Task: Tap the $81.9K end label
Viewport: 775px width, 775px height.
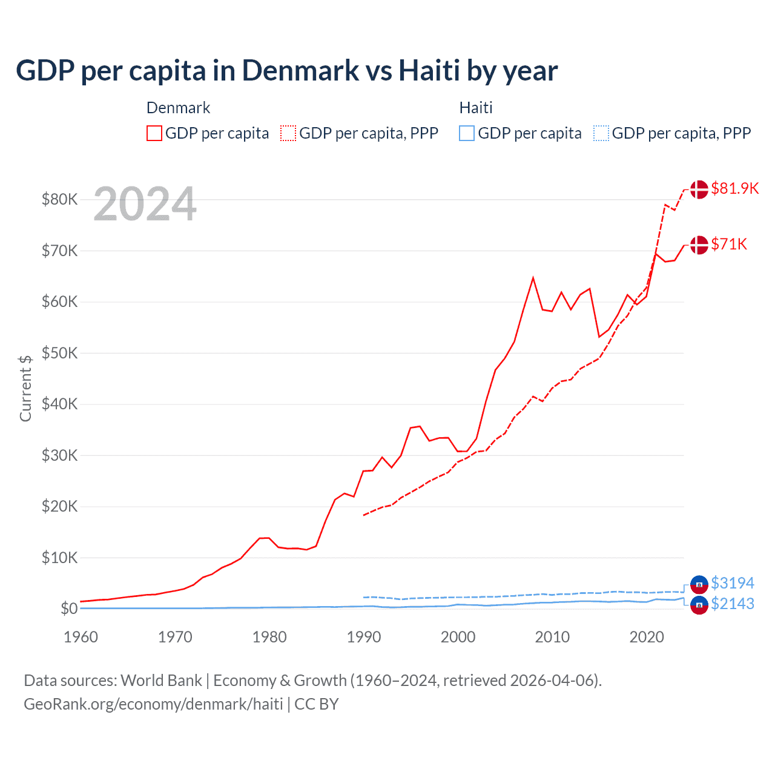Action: click(x=734, y=188)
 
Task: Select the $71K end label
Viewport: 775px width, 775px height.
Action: click(x=729, y=244)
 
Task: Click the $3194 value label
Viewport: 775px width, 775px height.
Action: click(x=732, y=583)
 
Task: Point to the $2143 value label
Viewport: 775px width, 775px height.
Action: click(x=732, y=604)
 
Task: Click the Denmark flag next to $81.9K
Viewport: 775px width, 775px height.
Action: click(x=699, y=189)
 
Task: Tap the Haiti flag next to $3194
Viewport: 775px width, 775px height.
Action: click(x=699, y=584)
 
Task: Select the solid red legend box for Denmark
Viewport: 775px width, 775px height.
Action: click(x=154, y=133)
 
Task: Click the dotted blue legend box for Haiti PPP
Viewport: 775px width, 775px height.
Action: click(x=601, y=133)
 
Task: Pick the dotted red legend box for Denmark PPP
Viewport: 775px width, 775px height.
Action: click(x=288, y=133)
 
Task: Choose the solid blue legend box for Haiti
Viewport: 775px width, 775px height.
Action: click(x=467, y=133)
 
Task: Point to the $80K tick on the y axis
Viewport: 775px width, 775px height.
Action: click(x=59, y=199)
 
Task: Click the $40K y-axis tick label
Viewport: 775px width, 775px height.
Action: click(x=59, y=404)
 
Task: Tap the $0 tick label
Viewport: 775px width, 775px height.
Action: click(x=68, y=608)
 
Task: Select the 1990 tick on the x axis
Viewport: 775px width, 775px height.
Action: click(x=364, y=637)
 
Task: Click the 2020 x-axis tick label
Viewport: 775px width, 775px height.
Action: click(x=647, y=637)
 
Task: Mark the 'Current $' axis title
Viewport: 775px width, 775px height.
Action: click(x=25, y=388)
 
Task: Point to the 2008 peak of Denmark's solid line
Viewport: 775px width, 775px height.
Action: click(x=533, y=278)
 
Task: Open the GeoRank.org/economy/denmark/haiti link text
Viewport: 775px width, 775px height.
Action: click(x=153, y=704)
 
